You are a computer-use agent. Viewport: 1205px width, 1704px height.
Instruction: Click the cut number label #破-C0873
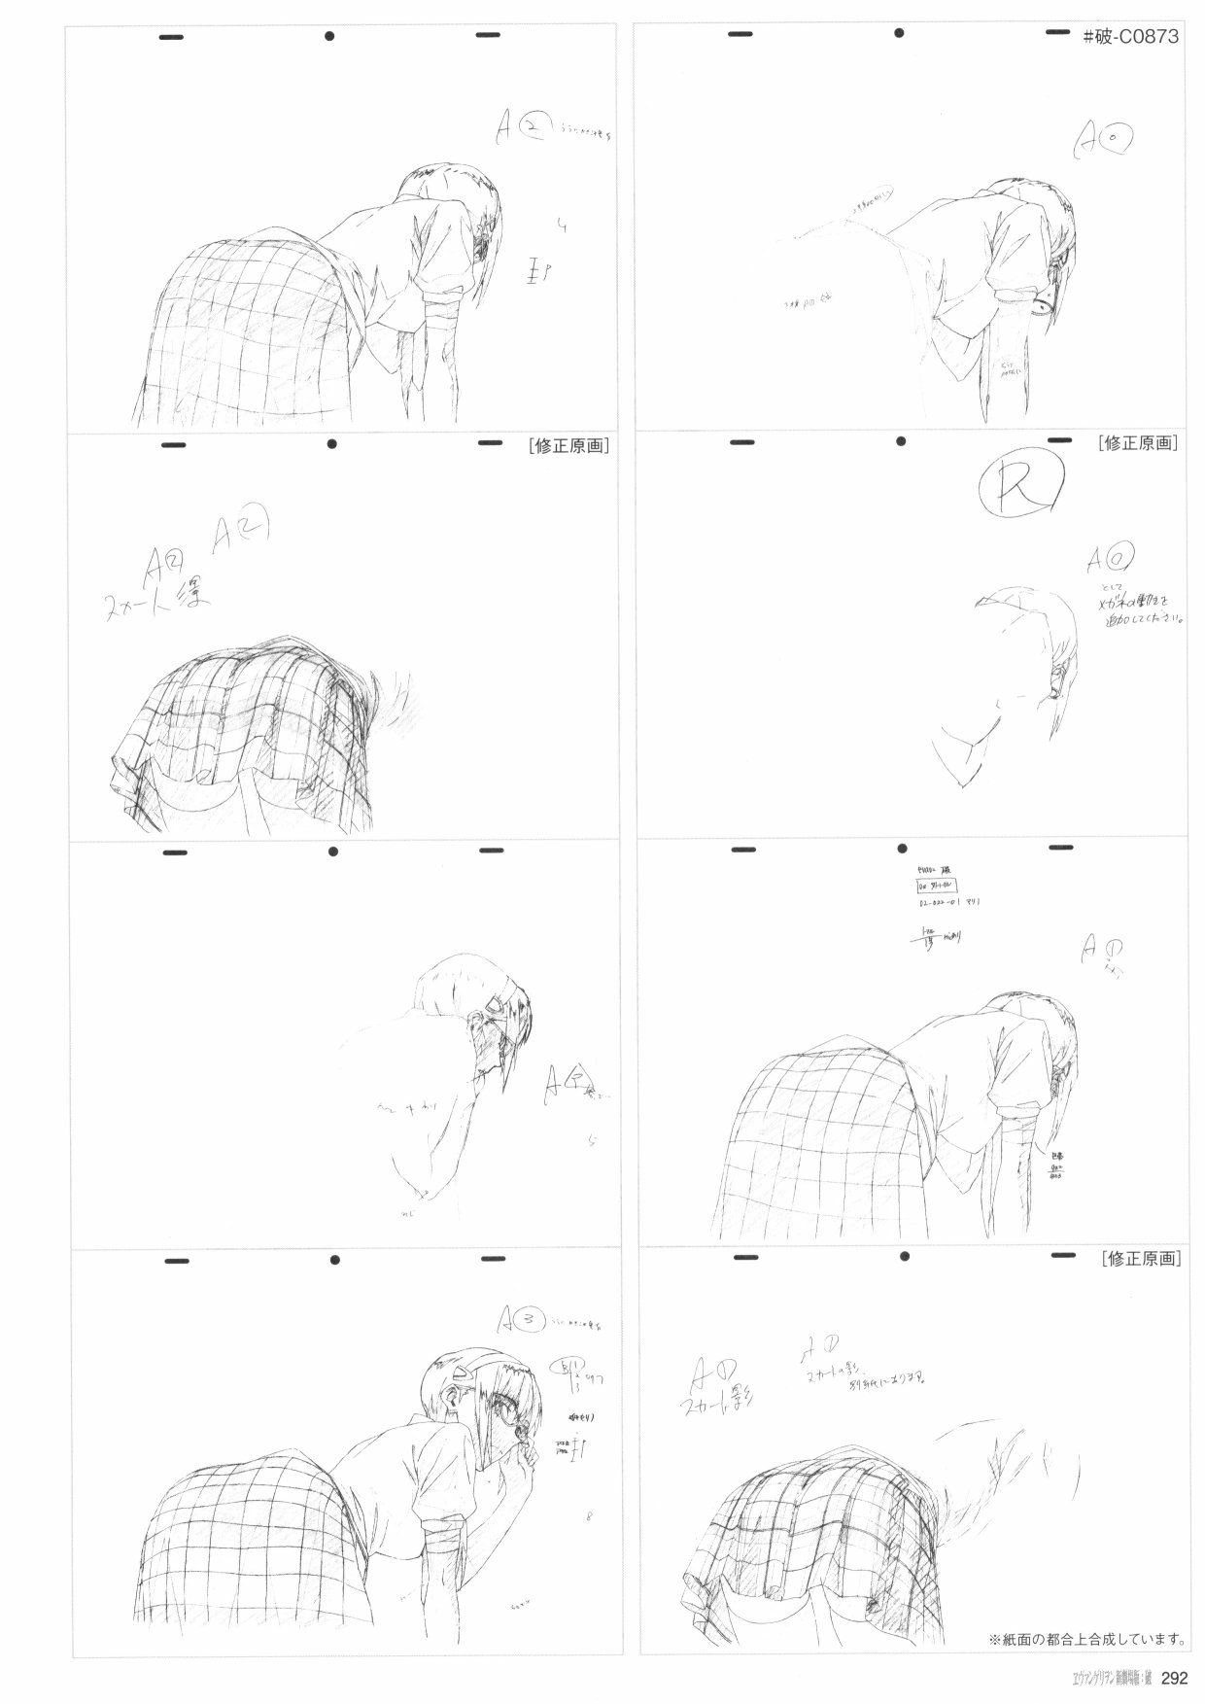coord(1130,37)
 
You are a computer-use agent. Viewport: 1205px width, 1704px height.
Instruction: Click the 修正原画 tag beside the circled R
coord(1139,443)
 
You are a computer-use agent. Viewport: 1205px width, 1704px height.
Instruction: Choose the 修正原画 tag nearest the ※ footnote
coord(1142,1258)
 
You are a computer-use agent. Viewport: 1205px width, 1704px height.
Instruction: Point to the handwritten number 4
coord(562,226)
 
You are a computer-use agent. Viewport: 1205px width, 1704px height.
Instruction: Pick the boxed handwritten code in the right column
coord(935,887)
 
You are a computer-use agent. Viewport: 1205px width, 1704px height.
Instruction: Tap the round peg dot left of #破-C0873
coord(900,35)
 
